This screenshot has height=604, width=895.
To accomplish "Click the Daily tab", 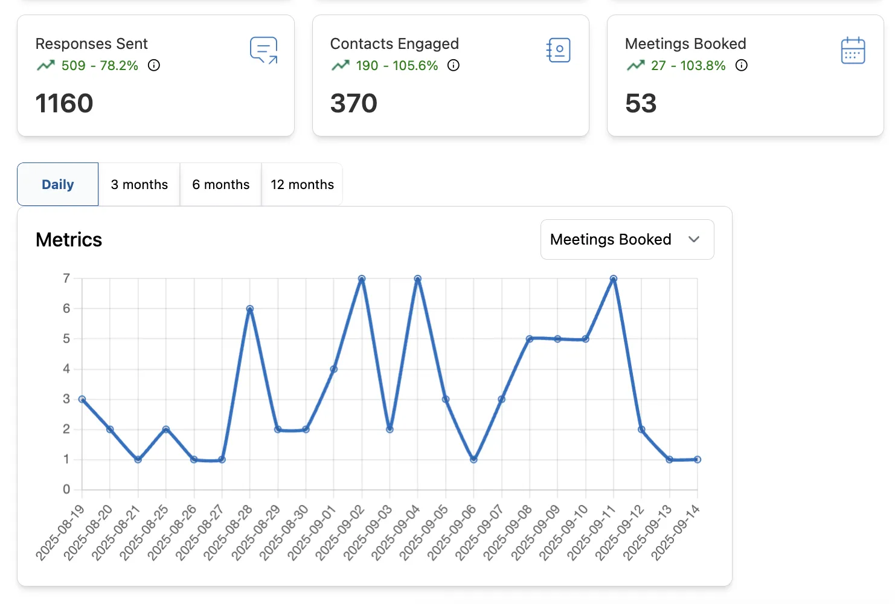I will (x=58, y=185).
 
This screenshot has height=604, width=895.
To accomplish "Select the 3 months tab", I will (x=140, y=185).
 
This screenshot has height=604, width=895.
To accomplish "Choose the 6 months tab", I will (x=221, y=185).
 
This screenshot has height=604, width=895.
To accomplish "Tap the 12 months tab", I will (x=302, y=185).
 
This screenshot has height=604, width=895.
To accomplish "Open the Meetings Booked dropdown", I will (x=627, y=240).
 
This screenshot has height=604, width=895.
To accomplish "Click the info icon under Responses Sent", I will (x=154, y=65).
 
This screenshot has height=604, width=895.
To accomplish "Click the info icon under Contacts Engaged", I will (x=454, y=65).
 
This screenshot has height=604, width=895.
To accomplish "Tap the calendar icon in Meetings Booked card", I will (x=853, y=51).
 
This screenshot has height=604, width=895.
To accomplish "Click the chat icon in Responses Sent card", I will (x=264, y=51).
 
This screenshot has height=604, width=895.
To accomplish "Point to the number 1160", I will (x=65, y=103).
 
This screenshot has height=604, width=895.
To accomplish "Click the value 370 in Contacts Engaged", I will (x=354, y=103).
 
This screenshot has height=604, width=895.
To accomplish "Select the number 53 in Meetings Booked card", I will (x=641, y=103).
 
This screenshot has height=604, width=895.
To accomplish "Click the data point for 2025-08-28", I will (x=250, y=309).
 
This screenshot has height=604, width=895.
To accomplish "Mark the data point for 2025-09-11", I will (x=614, y=279).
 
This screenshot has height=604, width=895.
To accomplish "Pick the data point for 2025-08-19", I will (x=82, y=399).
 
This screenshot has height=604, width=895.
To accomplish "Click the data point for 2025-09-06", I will (x=473, y=460).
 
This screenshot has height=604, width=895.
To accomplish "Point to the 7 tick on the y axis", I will (x=66, y=278).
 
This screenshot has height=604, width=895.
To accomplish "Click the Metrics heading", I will (x=69, y=240).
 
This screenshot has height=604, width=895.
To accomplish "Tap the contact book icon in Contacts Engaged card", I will (x=559, y=51).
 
